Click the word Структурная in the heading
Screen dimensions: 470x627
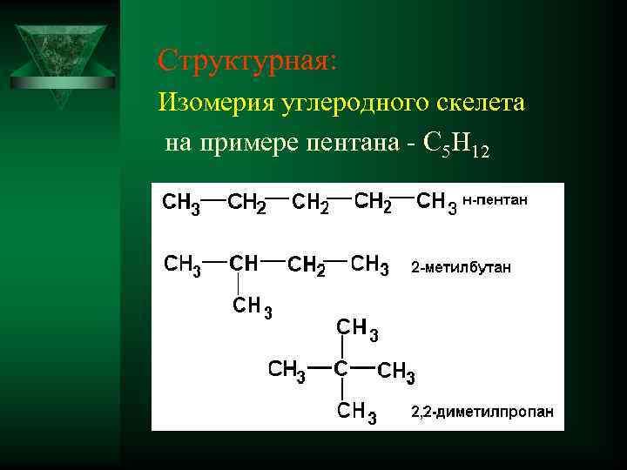[x=239, y=60]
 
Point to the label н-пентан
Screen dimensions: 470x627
[x=495, y=200]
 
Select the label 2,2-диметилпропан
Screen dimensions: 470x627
[x=482, y=412]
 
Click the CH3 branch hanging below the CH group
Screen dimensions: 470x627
[x=252, y=306]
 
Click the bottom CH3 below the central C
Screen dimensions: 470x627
[x=358, y=412]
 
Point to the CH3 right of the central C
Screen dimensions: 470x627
[x=396, y=373]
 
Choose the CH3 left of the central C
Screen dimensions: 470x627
[x=287, y=370]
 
